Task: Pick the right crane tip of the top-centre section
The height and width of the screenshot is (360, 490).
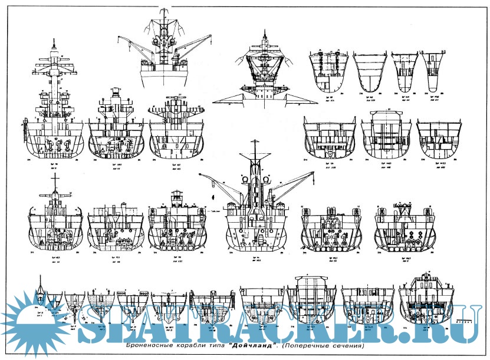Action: pyautogui.click(x=211, y=36)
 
